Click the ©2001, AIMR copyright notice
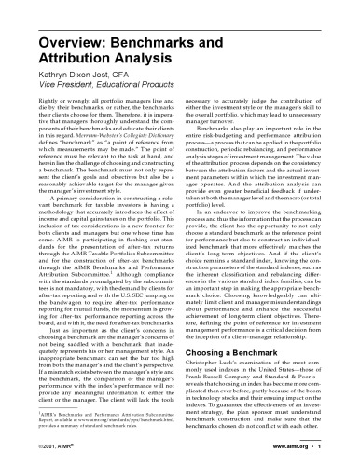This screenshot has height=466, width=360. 40,448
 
